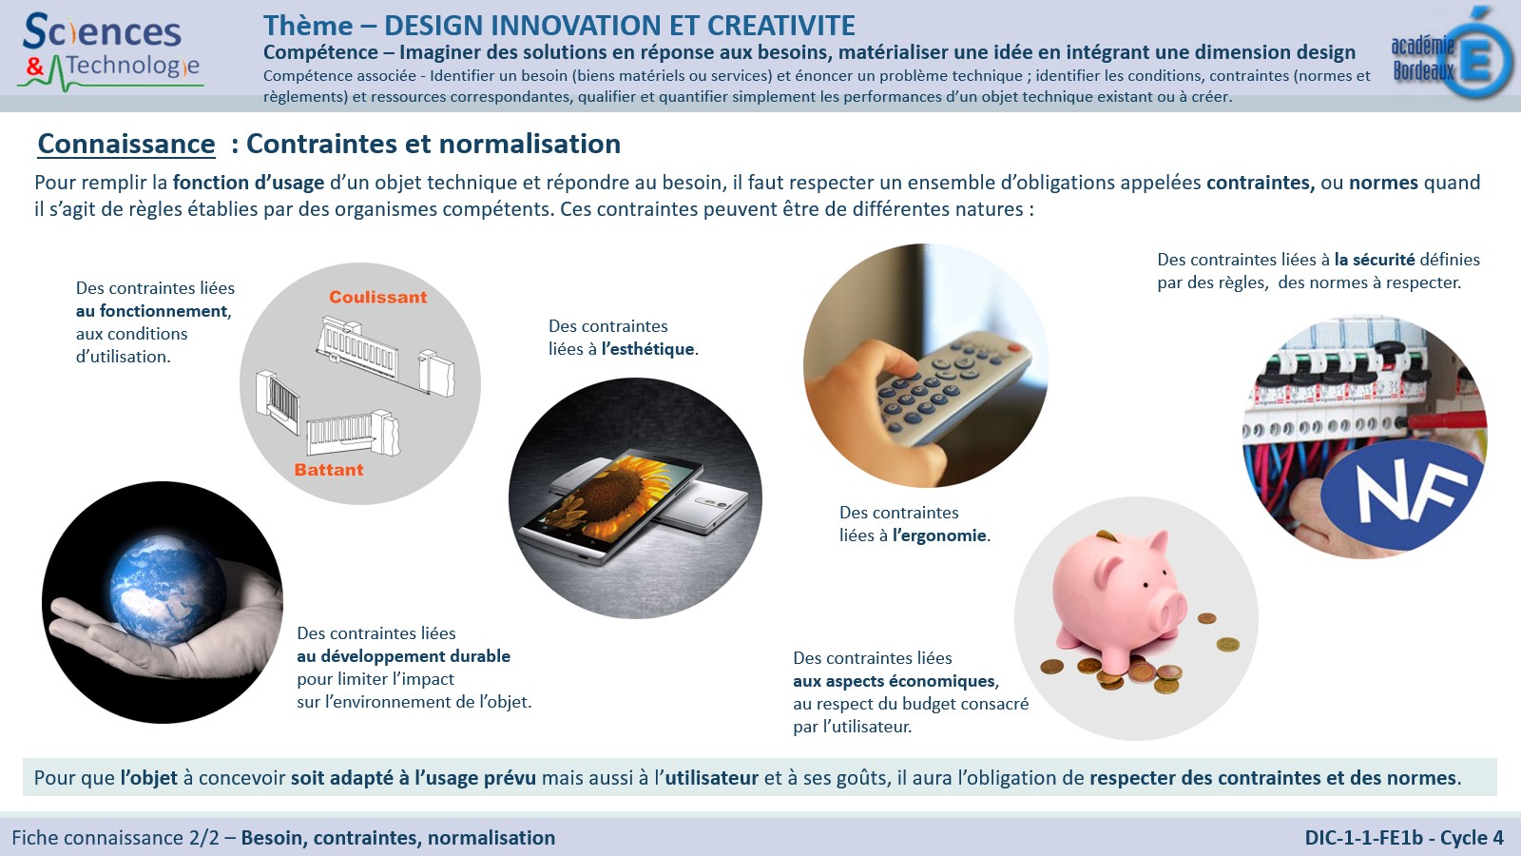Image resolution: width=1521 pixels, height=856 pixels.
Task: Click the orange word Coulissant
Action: tap(377, 297)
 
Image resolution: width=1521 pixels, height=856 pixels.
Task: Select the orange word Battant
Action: tap(329, 470)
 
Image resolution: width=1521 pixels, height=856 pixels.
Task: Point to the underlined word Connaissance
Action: tap(126, 144)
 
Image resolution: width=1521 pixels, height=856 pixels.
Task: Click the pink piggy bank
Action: tap(1121, 598)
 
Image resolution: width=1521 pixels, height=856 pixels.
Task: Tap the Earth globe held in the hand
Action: tap(167, 589)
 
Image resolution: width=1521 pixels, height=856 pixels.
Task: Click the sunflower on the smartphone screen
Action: tap(606, 494)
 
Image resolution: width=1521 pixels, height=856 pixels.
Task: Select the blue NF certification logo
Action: tap(1401, 494)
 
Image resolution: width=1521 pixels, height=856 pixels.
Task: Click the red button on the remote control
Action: tap(1013, 348)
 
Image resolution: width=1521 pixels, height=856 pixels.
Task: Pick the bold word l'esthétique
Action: tap(647, 349)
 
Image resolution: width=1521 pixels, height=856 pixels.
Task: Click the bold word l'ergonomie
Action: tap(939, 535)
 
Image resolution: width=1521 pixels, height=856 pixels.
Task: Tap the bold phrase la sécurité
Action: tap(1375, 260)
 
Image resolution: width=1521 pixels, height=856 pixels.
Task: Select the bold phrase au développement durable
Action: tap(403, 656)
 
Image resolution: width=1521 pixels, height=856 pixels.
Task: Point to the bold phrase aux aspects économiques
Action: tap(895, 681)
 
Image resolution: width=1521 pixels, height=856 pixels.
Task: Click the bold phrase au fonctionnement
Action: tap(152, 311)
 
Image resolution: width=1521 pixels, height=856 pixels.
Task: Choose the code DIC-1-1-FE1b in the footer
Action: tap(1363, 838)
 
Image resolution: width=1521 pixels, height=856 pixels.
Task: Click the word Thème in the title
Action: tap(308, 26)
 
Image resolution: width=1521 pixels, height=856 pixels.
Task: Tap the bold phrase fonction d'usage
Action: tap(248, 183)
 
